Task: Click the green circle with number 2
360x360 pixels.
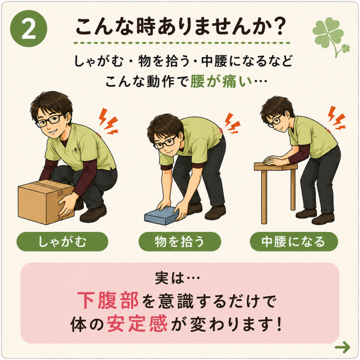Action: pyautogui.click(x=28, y=28)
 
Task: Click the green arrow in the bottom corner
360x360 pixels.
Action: pyautogui.click(x=343, y=347)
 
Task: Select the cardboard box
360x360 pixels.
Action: pyautogui.click(x=46, y=202)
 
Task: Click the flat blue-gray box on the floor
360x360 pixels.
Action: pyautogui.click(x=161, y=215)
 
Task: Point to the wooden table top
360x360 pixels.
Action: pyautogui.click(x=276, y=167)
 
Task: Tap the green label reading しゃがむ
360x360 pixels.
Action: pyautogui.click(x=62, y=242)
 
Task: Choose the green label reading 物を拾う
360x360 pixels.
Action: pyautogui.click(x=179, y=242)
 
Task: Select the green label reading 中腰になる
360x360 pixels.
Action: pyautogui.click(x=294, y=242)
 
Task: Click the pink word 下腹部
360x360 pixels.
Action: pyautogui.click(x=108, y=300)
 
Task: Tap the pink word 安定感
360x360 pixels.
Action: pyautogui.click(x=137, y=324)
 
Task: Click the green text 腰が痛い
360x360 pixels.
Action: pyautogui.click(x=221, y=81)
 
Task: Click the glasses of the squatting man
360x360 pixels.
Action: pyautogui.click(x=49, y=121)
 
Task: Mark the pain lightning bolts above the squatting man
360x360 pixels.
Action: pyautogui.click(x=109, y=121)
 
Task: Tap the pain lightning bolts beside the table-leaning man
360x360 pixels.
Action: pyautogui.click(x=336, y=118)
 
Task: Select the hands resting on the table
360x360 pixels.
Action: pyautogui.click(x=274, y=160)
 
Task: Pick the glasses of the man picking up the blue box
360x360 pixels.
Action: pyautogui.click(x=166, y=142)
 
